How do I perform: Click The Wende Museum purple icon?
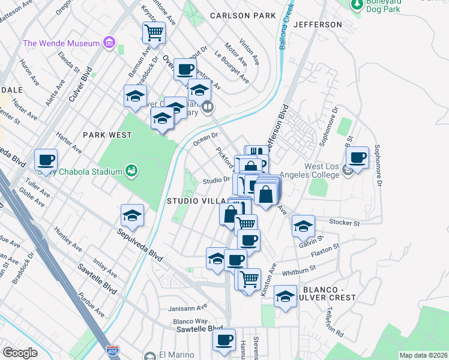[x=109, y=43]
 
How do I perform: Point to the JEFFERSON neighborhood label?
[x=319, y=25]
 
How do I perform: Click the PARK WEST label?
[x=107, y=135]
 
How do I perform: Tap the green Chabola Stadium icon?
[x=131, y=172]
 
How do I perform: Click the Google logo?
[x=20, y=353]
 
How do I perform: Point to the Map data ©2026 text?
[x=423, y=355]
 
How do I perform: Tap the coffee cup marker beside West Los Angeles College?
[x=357, y=157]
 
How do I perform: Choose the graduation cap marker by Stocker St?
[x=303, y=226]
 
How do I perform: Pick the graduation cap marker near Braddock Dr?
[x=136, y=95]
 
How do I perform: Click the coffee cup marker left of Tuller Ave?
[x=46, y=160]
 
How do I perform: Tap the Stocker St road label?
[x=345, y=223]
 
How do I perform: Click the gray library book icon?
[x=208, y=107]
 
